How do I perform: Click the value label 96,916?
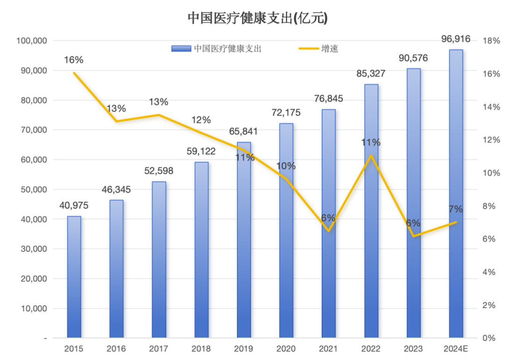coord(456,39)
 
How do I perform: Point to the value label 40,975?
coord(74,205)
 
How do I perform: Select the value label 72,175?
coord(286,113)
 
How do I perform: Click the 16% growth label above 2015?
coord(74,60)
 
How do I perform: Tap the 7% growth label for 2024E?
coord(456,209)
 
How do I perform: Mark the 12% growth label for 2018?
coord(201,120)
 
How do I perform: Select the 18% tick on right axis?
coord(491,41)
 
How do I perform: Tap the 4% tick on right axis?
coord(489,272)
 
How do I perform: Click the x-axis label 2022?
coord(371,349)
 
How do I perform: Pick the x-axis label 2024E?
coord(456,349)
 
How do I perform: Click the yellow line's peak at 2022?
coord(371,155)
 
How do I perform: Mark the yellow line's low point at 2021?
coord(329,231)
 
